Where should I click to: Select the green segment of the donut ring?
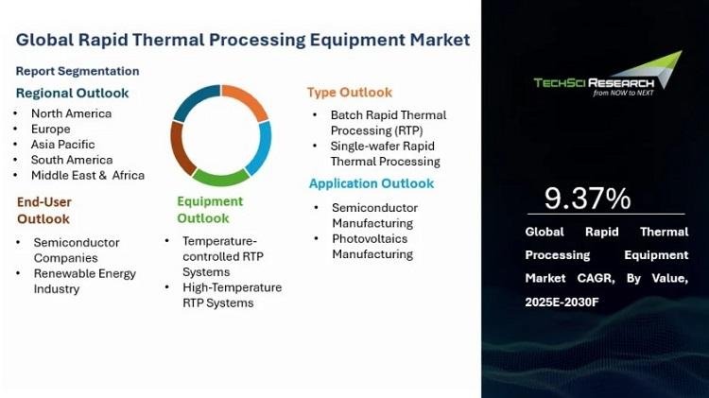pyautogui.click(x=220, y=178)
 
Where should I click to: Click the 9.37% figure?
pyautogui.click(x=587, y=199)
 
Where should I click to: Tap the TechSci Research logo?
pyautogui.click(x=608, y=75)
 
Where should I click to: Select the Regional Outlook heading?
pyautogui.click(x=73, y=94)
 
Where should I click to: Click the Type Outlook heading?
pyautogui.click(x=350, y=93)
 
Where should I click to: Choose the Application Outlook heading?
pyautogui.click(x=372, y=183)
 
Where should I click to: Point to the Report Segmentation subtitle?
pyautogui.click(x=78, y=71)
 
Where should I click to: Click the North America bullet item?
pyautogui.click(x=72, y=113)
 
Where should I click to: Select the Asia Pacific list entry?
pyautogui.click(x=62, y=145)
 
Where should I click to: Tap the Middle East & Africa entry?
pyautogui.click(x=88, y=175)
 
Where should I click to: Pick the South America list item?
pyautogui.click(x=72, y=160)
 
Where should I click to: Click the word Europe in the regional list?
pyautogui.click(x=51, y=130)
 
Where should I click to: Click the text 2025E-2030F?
pyautogui.click(x=562, y=302)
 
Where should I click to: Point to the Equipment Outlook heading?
pyautogui.click(x=210, y=210)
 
